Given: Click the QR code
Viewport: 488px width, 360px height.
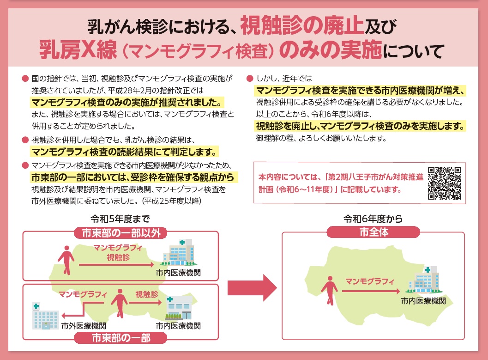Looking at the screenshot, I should point(444,183).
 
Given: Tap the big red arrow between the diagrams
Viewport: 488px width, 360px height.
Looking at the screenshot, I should point(252,289).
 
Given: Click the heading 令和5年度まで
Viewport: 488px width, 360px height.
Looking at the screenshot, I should point(115,219).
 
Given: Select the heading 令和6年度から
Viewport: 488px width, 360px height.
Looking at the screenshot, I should point(373,219).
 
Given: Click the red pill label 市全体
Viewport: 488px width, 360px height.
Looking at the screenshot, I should point(374,232).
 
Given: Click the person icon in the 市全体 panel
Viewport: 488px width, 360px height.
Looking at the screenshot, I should point(329,288).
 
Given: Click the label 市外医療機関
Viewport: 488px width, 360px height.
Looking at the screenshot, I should point(84,325).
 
